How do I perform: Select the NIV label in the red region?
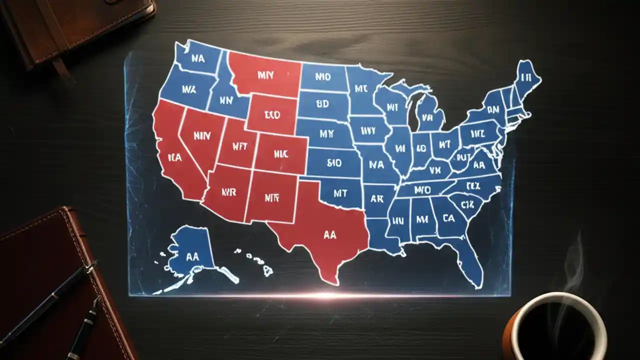point(202,134)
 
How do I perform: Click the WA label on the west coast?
point(189,90)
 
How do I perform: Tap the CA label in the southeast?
point(448,218)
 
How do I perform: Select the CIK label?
point(467,204)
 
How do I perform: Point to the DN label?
point(493,108)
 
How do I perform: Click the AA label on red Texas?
point(330,235)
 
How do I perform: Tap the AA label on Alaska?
point(192,256)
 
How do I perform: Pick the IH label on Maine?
point(525,77)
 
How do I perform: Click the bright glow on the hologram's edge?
point(325,295)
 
